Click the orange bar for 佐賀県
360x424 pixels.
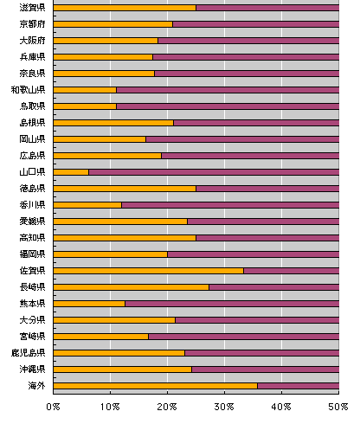point(149,271)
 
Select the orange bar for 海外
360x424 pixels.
point(156,386)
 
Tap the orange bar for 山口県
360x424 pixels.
point(71,172)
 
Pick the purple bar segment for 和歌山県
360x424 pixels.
point(228,90)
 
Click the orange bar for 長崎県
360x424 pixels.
point(132,287)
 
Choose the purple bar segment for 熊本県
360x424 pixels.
point(232,304)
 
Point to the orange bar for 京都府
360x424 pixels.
point(113,24)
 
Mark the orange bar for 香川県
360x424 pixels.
point(87,205)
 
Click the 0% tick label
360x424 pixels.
point(53,407)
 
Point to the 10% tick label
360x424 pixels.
point(110,407)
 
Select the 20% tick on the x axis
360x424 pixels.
point(167,407)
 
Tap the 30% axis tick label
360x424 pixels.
point(224,407)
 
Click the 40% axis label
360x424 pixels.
point(281,407)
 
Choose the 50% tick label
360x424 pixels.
point(338,407)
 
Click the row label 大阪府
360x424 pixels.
point(32,41)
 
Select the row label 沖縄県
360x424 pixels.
point(32,369)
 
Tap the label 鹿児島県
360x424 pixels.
point(28,353)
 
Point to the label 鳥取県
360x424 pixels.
point(32,106)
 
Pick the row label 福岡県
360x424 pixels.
point(32,254)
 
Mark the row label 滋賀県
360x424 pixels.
point(32,8)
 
